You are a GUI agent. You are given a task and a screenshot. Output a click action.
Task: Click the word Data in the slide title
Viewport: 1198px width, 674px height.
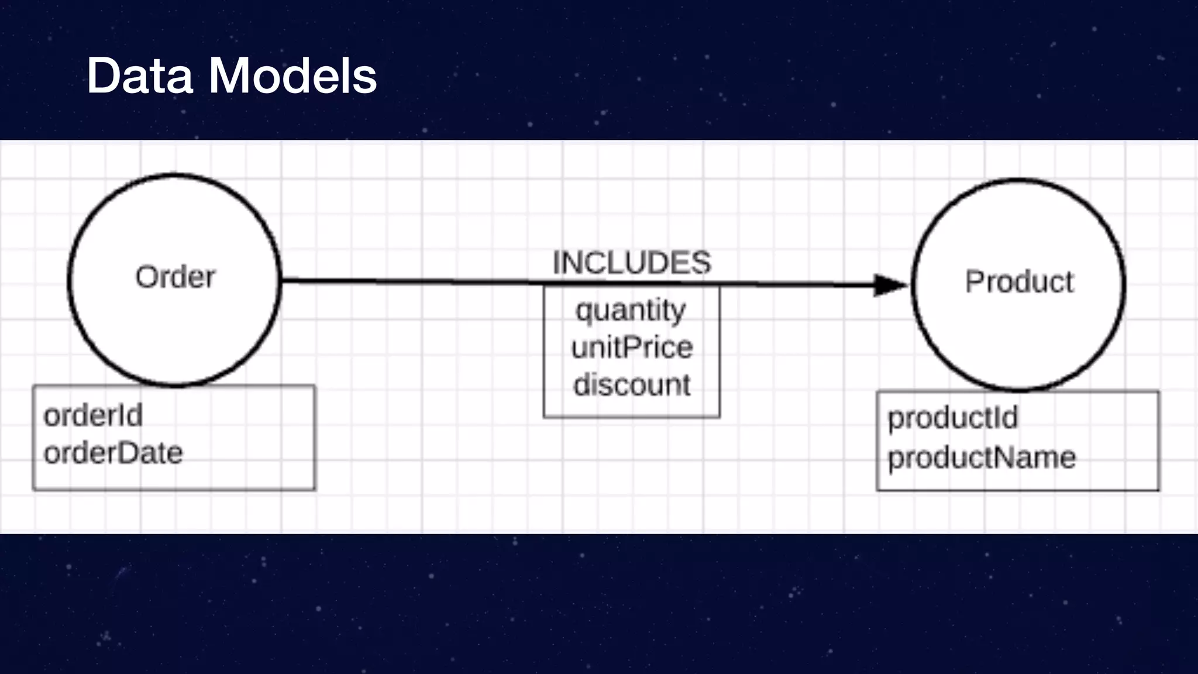click(140, 75)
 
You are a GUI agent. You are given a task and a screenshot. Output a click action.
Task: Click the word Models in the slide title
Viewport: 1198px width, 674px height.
click(292, 75)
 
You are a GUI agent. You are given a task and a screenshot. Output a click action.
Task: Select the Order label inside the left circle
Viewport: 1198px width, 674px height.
click(175, 277)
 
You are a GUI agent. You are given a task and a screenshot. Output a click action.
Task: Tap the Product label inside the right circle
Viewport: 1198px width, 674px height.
click(1019, 282)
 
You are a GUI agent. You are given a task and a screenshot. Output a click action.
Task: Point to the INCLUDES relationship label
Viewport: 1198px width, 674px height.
click(632, 263)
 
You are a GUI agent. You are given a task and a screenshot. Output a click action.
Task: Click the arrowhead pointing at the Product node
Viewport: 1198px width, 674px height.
click(889, 285)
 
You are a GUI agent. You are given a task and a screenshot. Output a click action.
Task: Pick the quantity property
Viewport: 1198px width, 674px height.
click(631, 310)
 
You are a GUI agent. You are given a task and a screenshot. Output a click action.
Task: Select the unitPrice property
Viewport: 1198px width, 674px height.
click(632, 348)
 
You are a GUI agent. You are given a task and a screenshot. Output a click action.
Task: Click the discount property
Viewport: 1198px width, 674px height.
click(632, 385)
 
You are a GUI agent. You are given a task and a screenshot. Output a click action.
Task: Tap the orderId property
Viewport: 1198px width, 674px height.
click(93, 416)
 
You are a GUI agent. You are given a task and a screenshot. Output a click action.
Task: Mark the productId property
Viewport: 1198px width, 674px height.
click(953, 418)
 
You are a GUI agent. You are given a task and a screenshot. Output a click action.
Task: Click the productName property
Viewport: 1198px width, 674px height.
click(982, 458)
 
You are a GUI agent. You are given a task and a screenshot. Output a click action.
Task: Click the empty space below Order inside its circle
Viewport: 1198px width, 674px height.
click(175, 333)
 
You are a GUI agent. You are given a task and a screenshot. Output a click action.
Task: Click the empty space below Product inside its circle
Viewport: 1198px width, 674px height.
click(1019, 339)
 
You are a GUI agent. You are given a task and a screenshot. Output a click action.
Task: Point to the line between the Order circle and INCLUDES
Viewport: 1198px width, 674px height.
click(409, 281)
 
